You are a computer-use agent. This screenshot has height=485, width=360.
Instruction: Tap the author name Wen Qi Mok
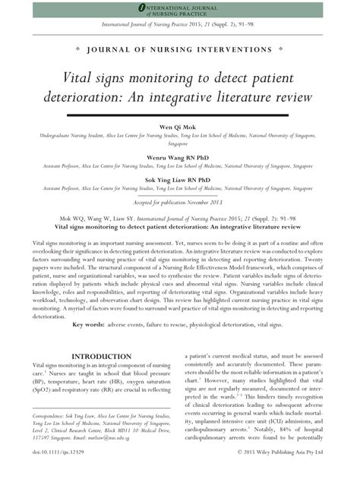pos(179,128)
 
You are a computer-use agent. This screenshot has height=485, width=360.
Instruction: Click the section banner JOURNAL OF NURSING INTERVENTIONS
pos(180,49)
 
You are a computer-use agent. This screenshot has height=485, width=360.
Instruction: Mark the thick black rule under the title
pos(179,115)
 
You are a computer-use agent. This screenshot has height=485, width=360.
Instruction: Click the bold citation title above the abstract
pos(179,226)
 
